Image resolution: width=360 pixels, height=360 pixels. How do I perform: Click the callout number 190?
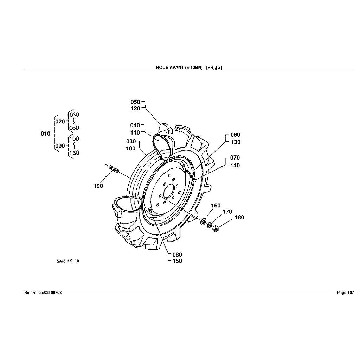[98, 186]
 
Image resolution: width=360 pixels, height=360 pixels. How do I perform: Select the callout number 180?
[239, 218]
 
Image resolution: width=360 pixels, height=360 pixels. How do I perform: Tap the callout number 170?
[227, 212]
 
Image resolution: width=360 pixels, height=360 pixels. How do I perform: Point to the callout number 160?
[216, 206]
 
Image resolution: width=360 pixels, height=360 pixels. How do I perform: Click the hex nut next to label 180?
[216, 229]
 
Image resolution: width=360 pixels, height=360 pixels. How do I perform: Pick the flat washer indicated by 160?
[203, 221]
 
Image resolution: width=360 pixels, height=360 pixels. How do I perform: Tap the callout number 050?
[135, 102]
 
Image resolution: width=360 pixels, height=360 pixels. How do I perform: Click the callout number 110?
[135, 133]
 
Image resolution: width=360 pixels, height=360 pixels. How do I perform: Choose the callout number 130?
[236, 142]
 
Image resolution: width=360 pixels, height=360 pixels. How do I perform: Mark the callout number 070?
[236, 158]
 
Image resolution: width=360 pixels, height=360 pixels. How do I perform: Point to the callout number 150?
[177, 261]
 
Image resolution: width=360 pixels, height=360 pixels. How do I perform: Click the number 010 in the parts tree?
[46, 134]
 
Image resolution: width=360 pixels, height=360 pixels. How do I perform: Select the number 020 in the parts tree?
[60, 121]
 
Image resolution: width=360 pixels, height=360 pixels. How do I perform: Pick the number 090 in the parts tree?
[60, 146]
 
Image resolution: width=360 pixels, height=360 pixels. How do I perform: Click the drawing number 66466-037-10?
[67, 261]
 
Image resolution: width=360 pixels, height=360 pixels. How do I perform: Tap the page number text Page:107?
[345, 292]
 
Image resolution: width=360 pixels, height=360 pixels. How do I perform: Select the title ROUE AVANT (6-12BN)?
[179, 67]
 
